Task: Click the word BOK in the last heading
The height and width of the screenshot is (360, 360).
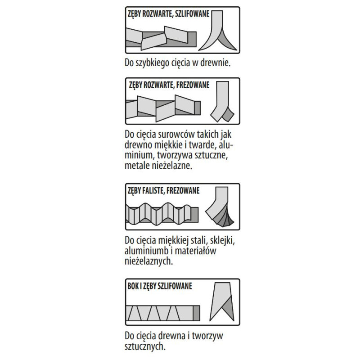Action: [133, 286]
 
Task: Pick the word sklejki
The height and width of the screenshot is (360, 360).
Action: [222, 240]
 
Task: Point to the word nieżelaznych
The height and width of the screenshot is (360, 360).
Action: [148, 261]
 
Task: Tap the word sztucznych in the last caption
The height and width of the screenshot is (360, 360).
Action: [145, 346]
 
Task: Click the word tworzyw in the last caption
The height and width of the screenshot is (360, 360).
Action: [207, 336]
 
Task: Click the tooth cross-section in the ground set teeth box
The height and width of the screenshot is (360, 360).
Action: [217, 30]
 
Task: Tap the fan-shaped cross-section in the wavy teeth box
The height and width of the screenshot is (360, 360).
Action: [220, 207]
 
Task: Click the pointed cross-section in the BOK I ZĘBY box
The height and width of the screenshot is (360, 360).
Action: [222, 301]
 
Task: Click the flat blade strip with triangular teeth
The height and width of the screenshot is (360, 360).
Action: [163, 313]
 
